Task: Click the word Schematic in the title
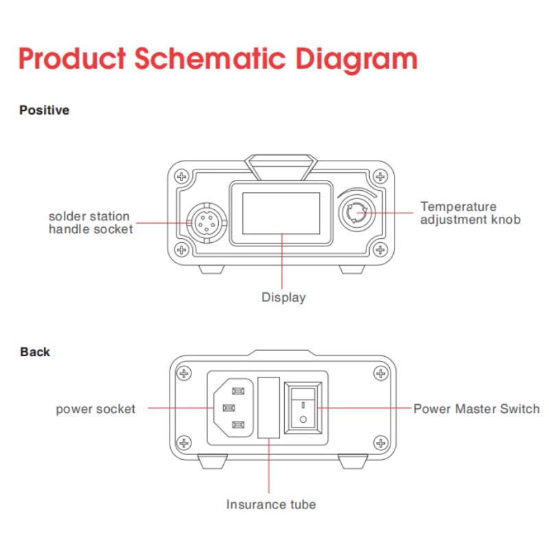(x=210, y=58)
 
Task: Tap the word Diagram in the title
(x=356, y=60)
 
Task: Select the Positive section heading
(x=44, y=110)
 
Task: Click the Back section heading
(x=35, y=352)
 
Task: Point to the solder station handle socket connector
(x=207, y=222)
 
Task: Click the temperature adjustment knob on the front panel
(x=357, y=213)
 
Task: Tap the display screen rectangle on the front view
(x=281, y=213)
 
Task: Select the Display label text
(x=283, y=298)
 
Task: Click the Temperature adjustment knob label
(x=470, y=213)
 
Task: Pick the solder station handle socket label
(x=91, y=222)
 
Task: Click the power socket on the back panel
(x=233, y=408)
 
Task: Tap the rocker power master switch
(x=303, y=408)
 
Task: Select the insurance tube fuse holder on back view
(x=268, y=408)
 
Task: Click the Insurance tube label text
(x=271, y=504)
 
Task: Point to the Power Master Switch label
(x=476, y=409)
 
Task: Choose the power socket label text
(x=95, y=409)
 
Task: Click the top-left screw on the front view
(x=181, y=176)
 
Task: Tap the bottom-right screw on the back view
(x=381, y=443)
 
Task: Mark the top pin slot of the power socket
(x=238, y=390)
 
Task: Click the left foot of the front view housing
(x=211, y=269)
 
